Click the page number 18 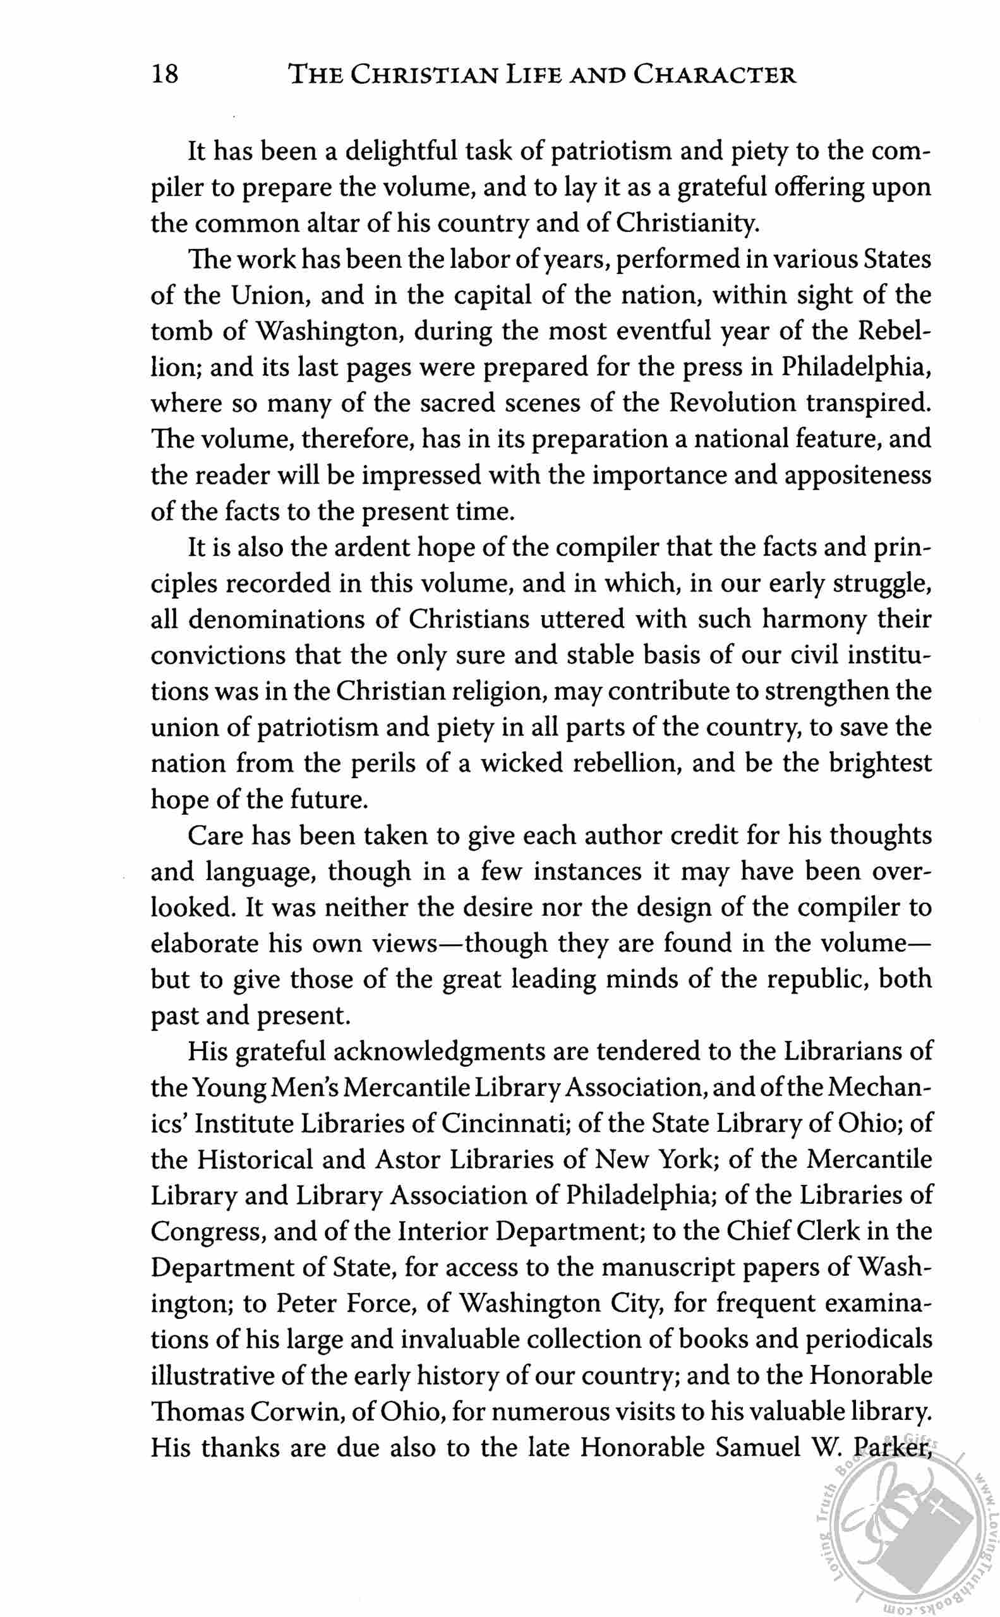[165, 75]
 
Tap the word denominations [293, 620]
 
